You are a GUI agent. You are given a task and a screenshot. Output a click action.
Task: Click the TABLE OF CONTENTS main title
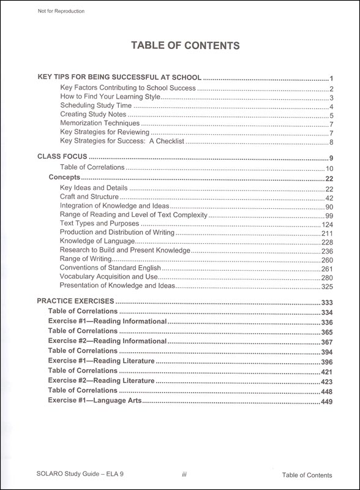click(x=180, y=46)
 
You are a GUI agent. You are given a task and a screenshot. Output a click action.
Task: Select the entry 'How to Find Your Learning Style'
click(x=110, y=97)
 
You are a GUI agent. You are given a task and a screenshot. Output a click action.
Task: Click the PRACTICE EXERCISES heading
click(x=75, y=301)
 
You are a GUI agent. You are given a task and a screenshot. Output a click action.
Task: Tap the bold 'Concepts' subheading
click(x=64, y=178)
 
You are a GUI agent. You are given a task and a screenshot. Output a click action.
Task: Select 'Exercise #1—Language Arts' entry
click(x=95, y=401)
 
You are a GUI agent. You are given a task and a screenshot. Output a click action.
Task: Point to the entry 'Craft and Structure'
click(x=89, y=197)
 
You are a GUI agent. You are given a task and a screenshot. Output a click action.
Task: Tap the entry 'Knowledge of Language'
click(x=93, y=241)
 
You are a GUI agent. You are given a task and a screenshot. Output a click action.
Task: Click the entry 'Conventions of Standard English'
click(x=110, y=268)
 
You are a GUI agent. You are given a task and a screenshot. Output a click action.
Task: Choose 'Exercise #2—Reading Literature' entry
click(x=101, y=380)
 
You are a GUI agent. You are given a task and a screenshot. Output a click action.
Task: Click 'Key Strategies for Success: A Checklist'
click(x=122, y=141)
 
